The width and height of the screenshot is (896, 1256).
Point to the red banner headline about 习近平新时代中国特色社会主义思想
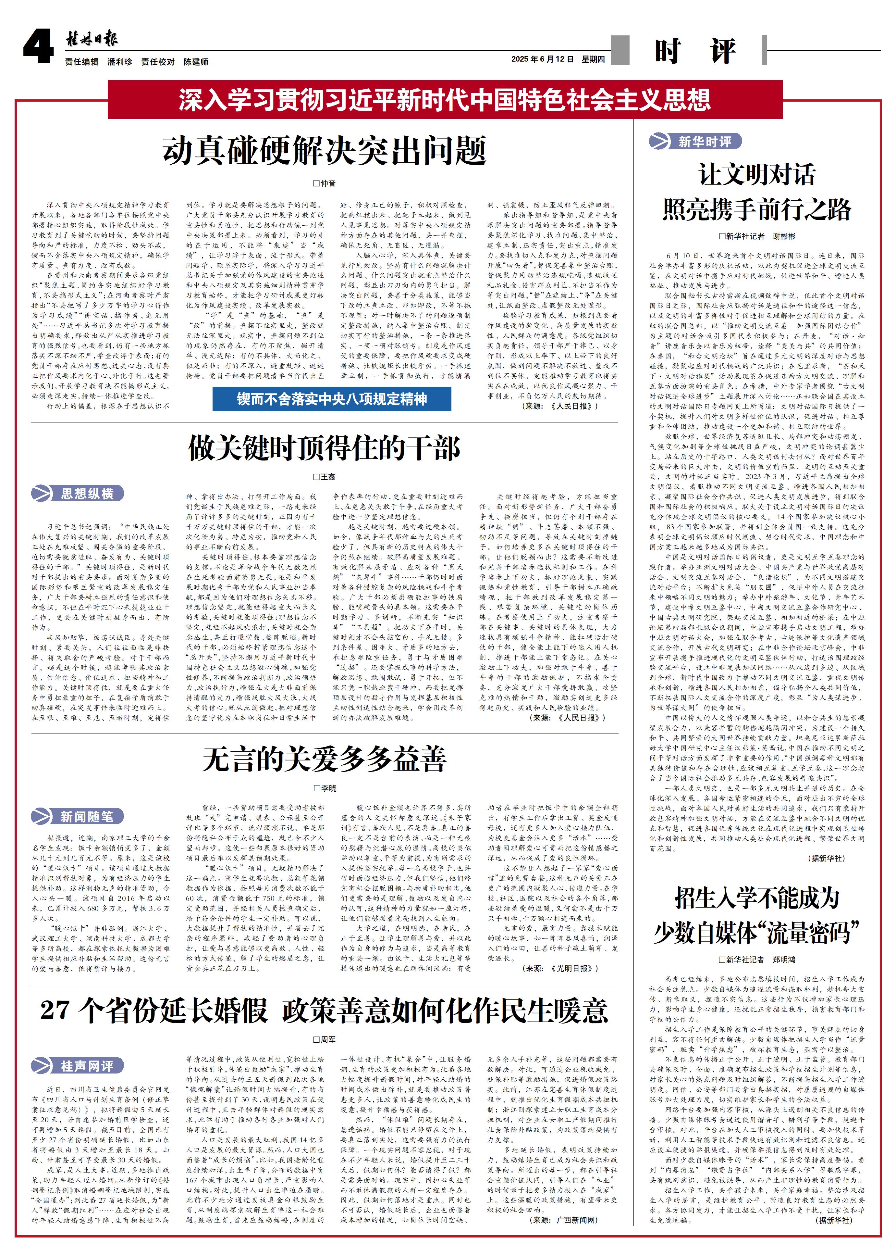[x=445, y=100]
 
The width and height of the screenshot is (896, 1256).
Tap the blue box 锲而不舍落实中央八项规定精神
[x=332, y=399]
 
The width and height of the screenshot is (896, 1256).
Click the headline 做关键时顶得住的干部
[x=325, y=447]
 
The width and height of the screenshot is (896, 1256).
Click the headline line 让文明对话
[x=757, y=174]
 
